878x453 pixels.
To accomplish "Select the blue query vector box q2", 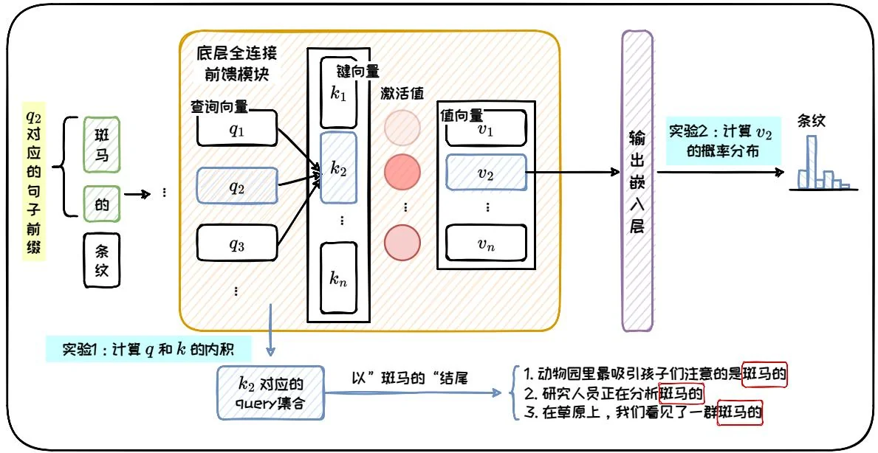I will tap(236, 187).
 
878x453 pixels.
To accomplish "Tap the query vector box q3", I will tap(236, 245).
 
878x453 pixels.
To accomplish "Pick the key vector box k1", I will tap(339, 91).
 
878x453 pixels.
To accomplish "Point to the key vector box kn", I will tap(339, 278).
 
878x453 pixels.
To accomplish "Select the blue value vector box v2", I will tap(485, 174).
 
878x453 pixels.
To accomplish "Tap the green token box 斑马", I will tap(101, 145).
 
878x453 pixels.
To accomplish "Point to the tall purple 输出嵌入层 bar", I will tap(637, 181).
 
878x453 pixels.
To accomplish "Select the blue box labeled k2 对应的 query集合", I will tap(270, 393).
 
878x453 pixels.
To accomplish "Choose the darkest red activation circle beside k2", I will tap(402, 172).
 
